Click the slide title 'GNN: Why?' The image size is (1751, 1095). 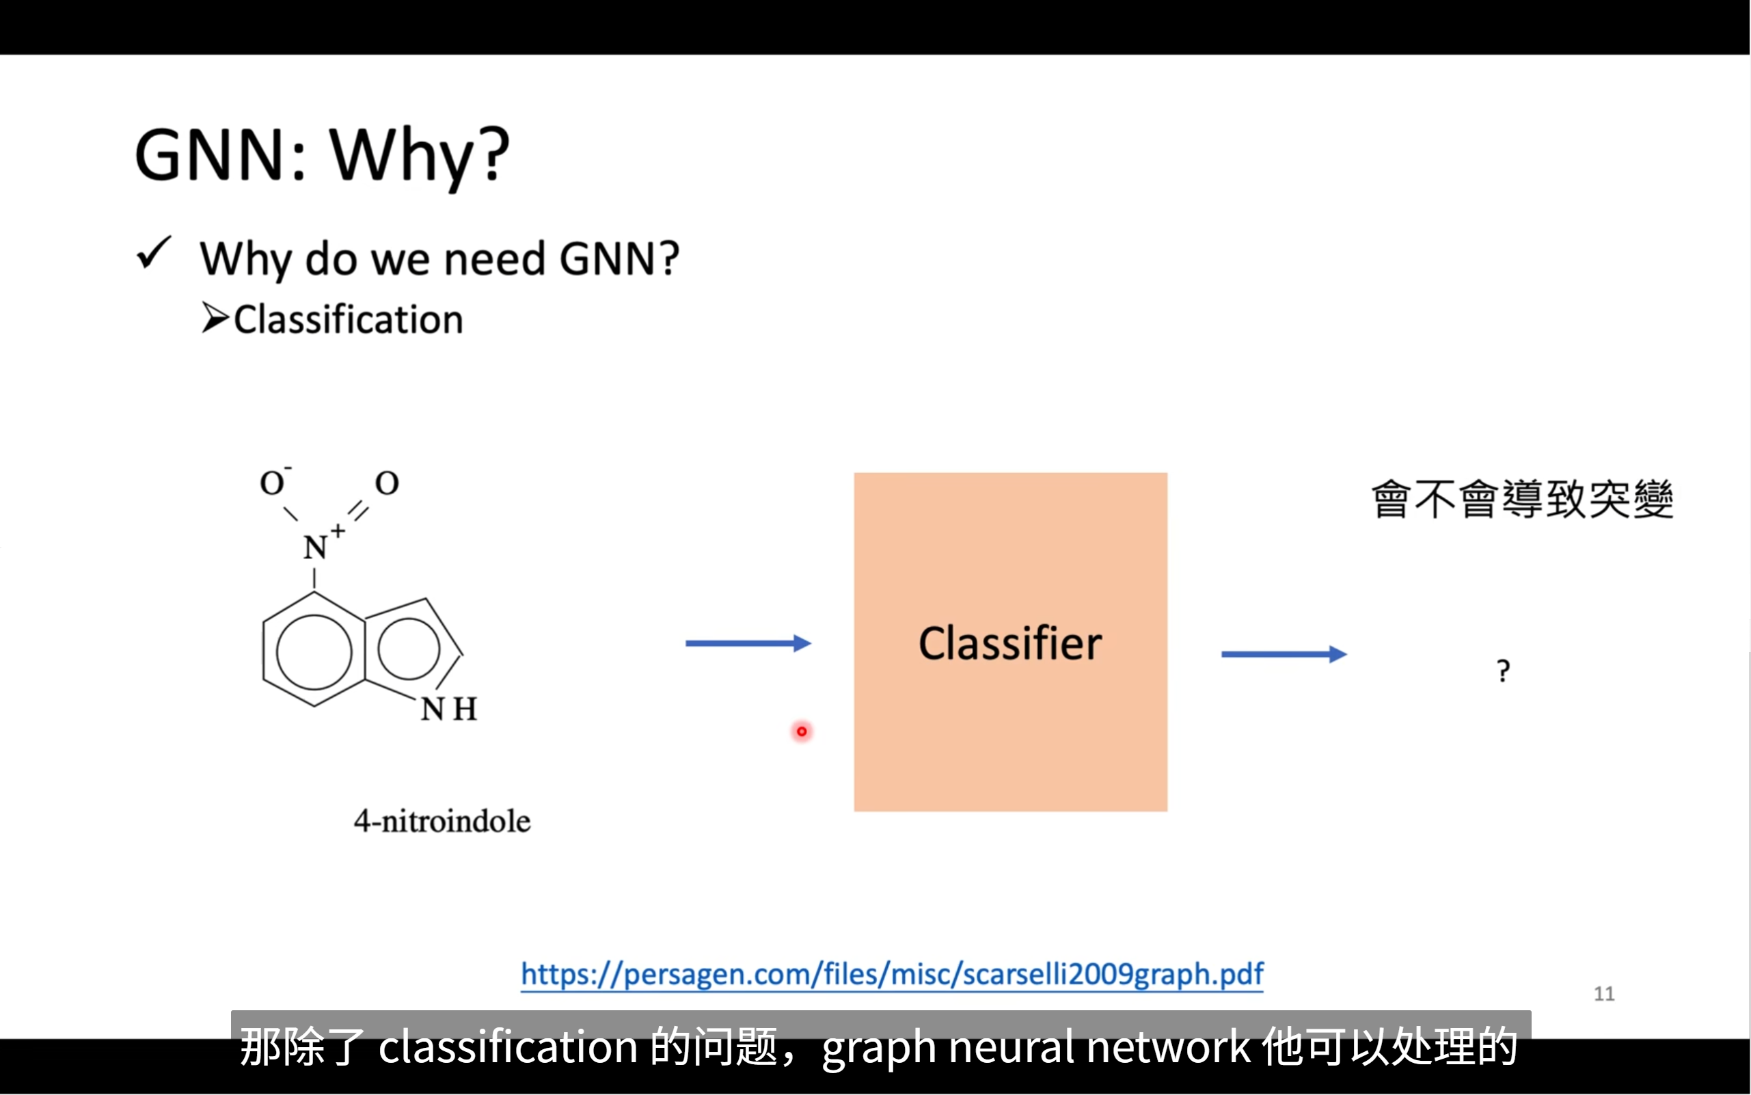(x=323, y=156)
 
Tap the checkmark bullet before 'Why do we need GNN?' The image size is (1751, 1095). (x=154, y=254)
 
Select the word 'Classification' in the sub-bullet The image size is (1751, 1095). (x=349, y=320)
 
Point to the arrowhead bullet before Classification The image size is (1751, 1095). (x=215, y=318)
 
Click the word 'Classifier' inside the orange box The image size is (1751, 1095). (x=1009, y=643)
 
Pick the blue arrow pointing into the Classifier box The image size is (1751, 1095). (x=748, y=643)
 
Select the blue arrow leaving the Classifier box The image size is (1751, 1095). (x=1284, y=655)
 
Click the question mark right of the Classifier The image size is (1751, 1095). (x=1504, y=671)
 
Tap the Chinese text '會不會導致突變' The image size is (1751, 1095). (x=1522, y=499)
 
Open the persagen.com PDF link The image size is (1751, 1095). (x=892, y=974)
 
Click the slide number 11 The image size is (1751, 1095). (x=1603, y=994)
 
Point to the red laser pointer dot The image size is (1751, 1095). (x=802, y=731)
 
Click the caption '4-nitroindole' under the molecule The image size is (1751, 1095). (x=442, y=822)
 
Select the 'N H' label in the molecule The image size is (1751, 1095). (x=448, y=709)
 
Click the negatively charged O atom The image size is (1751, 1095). (x=272, y=483)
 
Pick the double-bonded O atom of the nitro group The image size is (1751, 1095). (x=387, y=483)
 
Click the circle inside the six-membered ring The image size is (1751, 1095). (x=314, y=652)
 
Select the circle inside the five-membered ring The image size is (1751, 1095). (x=409, y=648)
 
